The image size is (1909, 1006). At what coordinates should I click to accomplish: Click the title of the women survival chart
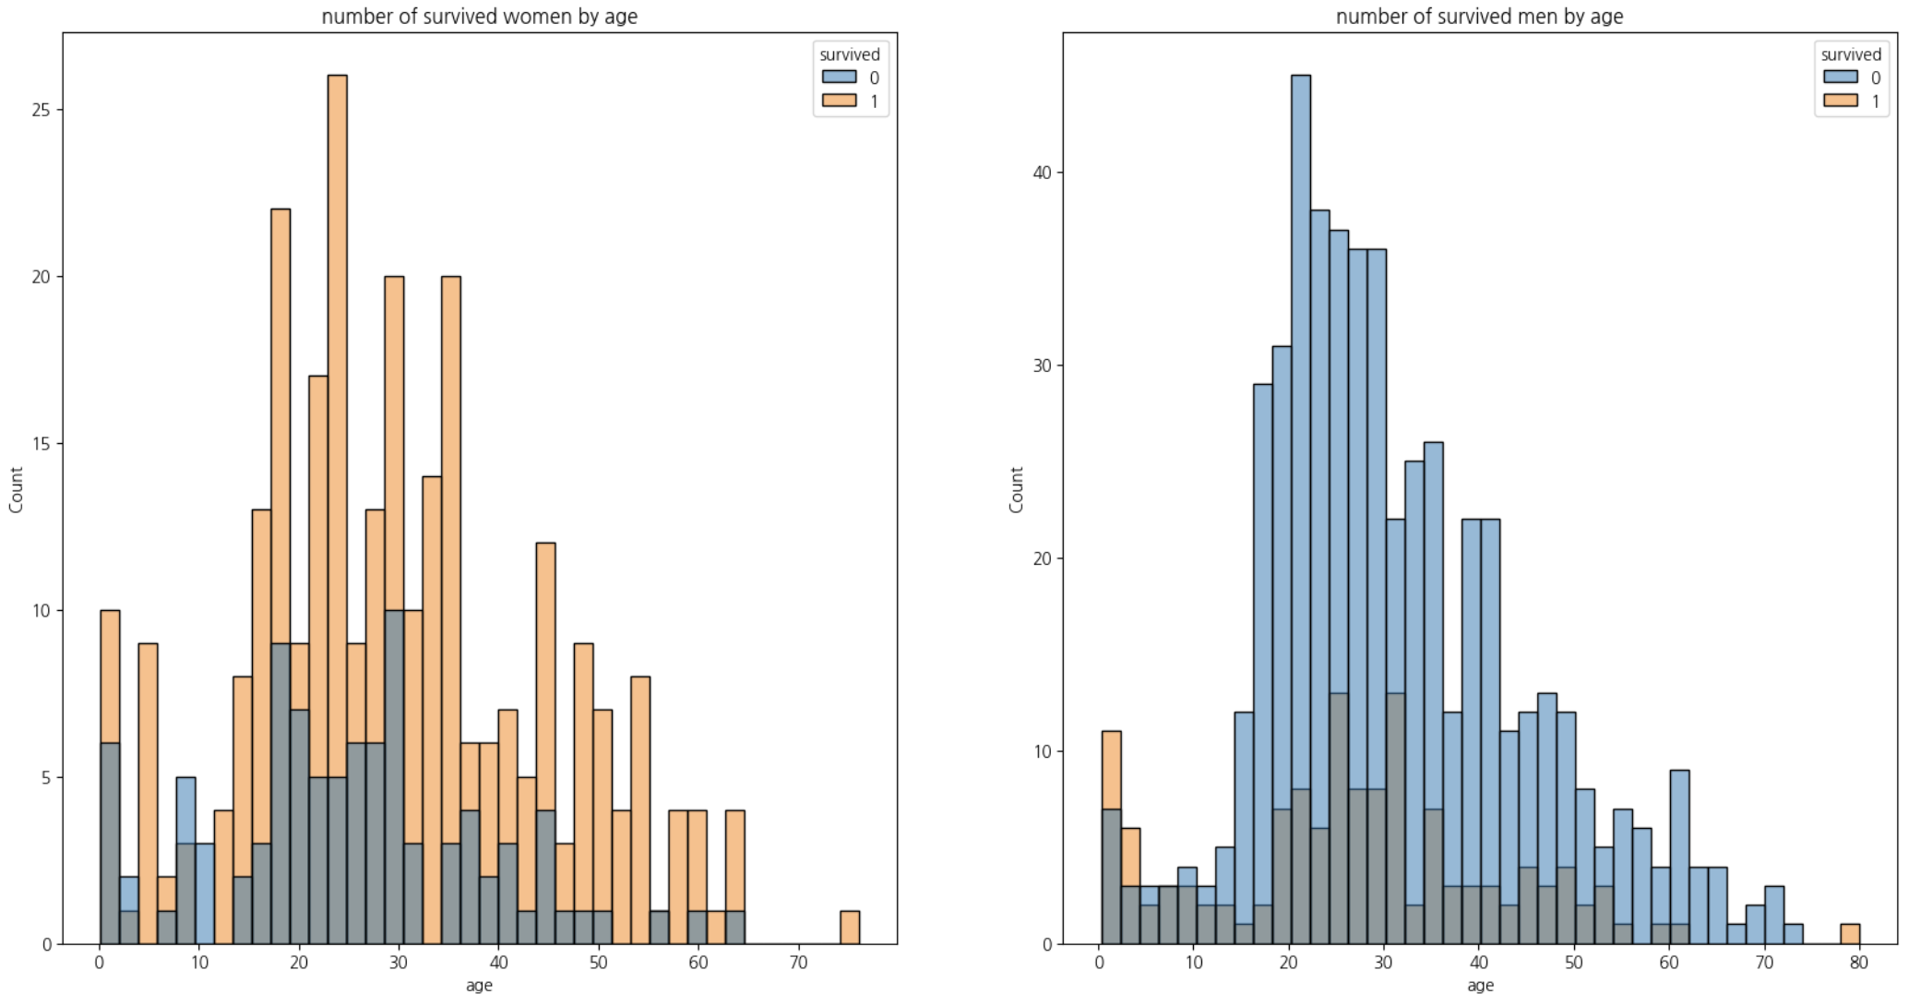pos(479,17)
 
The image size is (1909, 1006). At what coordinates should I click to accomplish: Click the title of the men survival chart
pos(1479,17)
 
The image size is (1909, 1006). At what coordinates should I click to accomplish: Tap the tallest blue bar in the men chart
pos(1300,369)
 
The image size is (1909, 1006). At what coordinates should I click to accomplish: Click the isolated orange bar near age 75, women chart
pos(850,928)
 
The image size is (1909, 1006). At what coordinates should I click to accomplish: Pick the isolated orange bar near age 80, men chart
pos(1850,934)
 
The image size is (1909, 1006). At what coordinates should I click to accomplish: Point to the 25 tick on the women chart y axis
pos(42,110)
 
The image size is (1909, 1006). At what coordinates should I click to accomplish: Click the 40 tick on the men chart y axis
pos(1042,173)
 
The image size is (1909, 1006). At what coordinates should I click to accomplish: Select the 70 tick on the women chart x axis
pos(799,963)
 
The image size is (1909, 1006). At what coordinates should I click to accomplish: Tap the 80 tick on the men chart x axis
pos(1858,963)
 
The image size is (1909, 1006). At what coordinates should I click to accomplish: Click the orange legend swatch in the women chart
pos(839,101)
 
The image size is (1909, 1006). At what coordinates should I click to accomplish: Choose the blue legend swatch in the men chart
pos(1840,78)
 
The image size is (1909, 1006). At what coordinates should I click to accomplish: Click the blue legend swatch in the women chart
pos(839,78)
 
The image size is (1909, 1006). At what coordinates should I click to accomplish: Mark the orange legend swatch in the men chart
pos(1840,101)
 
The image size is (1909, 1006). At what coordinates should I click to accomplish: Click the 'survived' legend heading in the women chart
pos(850,54)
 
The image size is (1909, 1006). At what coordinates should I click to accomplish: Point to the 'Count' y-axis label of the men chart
pos(1016,489)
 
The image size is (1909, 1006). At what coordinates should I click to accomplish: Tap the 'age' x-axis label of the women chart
pos(479,986)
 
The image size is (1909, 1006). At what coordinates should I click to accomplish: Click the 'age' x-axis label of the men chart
pos(1480,986)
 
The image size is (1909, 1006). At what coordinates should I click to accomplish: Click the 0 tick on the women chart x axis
pos(100,963)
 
